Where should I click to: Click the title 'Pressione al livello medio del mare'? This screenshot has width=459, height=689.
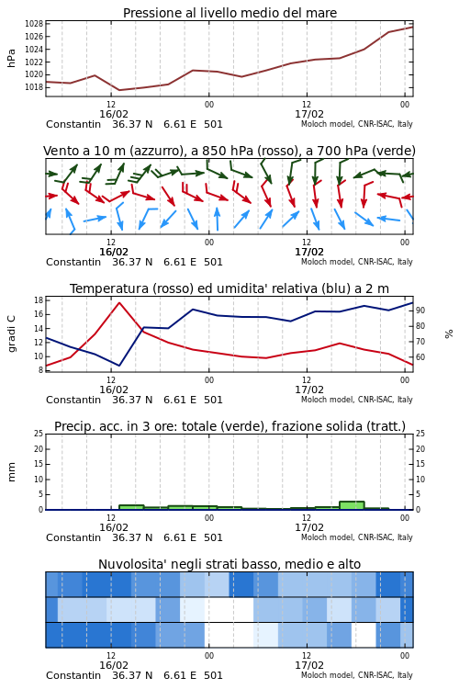click(x=229, y=13)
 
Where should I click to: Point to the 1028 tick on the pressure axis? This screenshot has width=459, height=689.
click(x=34, y=24)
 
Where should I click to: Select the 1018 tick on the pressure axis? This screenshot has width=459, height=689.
click(x=34, y=87)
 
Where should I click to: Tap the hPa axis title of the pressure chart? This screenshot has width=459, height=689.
click(x=11, y=58)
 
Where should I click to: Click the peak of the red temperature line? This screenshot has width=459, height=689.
click(x=119, y=302)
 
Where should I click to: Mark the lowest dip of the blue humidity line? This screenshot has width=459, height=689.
click(x=119, y=366)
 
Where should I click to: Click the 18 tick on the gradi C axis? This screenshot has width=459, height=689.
click(x=39, y=300)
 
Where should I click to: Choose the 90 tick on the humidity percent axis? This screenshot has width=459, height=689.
click(x=420, y=311)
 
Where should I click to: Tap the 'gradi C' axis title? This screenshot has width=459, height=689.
click(x=11, y=333)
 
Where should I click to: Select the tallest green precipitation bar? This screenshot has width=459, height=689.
click(x=352, y=505)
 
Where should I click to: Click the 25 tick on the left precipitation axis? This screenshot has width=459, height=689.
click(x=39, y=434)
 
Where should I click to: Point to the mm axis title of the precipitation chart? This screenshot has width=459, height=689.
click(x=11, y=471)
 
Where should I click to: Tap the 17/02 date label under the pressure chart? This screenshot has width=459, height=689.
click(x=308, y=114)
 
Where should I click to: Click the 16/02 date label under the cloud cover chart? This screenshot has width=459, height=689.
click(x=113, y=665)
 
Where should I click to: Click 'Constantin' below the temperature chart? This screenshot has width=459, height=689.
click(x=73, y=400)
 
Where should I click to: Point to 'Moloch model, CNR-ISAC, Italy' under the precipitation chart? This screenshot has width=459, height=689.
click(x=357, y=537)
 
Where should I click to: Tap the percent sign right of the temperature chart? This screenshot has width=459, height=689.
click(x=449, y=334)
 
